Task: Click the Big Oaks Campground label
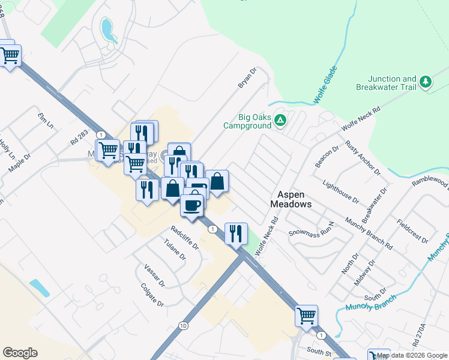pyautogui.click(x=247, y=121)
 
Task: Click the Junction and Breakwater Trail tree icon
pyautogui.click(x=426, y=82)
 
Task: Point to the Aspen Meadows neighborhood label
pyautogui.click(x=294, y=199)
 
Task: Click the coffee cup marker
pyautogui.click(x=192, y=205)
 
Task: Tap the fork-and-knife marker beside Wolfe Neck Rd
pyautogui.click(x=236, y=232)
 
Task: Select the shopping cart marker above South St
pyautogui.click(x=306, y=315)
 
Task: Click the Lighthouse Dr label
pyautogui.click(x=340, y=191)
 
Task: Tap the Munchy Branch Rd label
pyautogui.click(x=368, y=234)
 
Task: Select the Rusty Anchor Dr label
pyautogui.click(x=363, y=158)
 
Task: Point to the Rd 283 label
pyautogui.click(x=79, y=137)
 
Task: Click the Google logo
pyautogui.click(x=20, y=353)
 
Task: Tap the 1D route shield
pyautogui.click(x=184, y=326)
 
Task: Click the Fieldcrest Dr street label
pyautogui.click(x=412, y=232)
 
